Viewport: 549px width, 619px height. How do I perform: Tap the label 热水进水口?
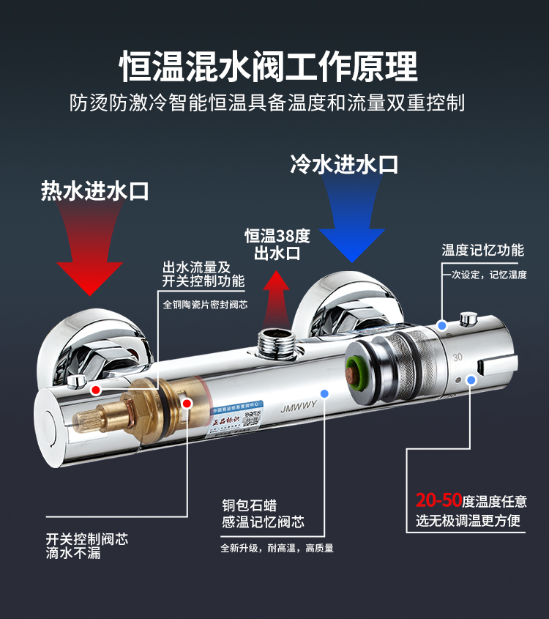[x=95, y=191]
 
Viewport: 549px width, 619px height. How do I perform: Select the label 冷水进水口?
[x=344, y=163]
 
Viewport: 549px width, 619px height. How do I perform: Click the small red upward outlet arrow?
[x=277, y=292]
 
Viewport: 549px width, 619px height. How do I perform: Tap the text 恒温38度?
[x=277, y=236]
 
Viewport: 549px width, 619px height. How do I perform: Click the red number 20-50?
[x=438, y=501]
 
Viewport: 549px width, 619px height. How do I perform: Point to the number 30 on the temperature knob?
[x=458, y=357]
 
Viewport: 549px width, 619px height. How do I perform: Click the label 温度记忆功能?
[x=482, y=251]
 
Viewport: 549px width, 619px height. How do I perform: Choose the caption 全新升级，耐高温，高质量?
[x=277, y=548]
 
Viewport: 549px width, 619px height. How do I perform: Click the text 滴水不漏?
[x=73, y=554]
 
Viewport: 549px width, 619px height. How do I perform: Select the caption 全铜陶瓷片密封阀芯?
[x=205, y=304]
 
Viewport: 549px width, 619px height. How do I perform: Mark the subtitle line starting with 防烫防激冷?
[x=268, y=102]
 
